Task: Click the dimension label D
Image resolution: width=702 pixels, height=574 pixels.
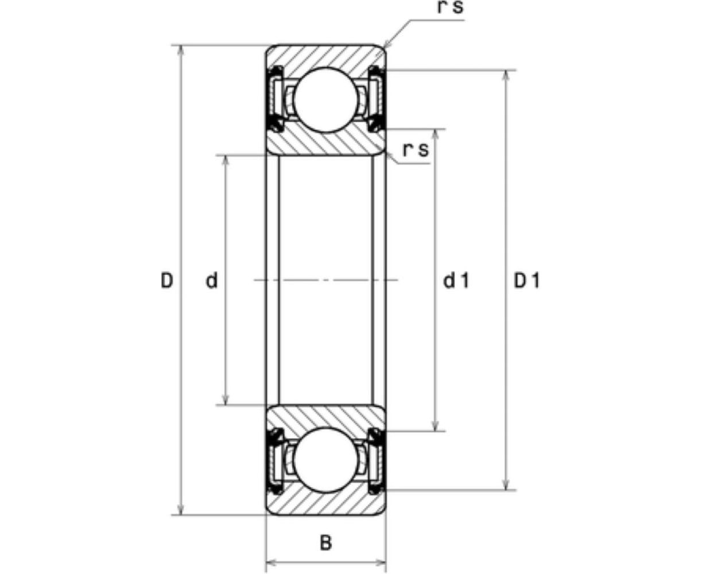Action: (x=166, y=281)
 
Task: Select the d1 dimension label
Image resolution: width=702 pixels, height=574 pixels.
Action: (x=457, y=281)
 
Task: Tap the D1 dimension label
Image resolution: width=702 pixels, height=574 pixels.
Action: (x=527, y=281)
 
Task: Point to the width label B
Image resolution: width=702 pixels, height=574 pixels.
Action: (x=325, y=542)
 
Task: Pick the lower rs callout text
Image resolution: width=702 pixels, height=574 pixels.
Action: (x=416, y=149)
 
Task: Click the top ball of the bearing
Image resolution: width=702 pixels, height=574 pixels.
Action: (x=325, y=100)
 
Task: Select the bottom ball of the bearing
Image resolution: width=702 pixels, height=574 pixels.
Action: (x=325, y=460)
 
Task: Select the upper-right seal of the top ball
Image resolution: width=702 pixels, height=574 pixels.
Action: (x=377, y=72)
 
